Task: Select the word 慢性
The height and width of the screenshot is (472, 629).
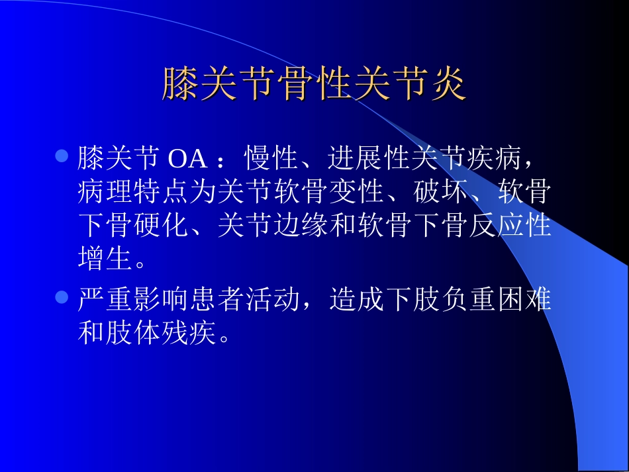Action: click(x=272, y=159)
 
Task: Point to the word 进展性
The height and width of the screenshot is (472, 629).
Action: click(x=369, y=159)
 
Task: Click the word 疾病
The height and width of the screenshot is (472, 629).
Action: click(x=495, y=159)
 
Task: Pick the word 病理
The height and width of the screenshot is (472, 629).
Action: click(x=105, y=192)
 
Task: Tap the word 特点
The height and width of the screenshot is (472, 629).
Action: click(x=161, y=192)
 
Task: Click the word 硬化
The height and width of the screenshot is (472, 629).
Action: click(x=161, y=225)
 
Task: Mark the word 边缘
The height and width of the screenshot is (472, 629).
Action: click(x=300, y=225)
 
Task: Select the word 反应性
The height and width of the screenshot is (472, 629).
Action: click(x=509, y=225)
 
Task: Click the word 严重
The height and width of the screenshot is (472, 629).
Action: click(x=105, y=300)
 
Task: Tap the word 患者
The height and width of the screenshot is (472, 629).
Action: click(x=217, y=300)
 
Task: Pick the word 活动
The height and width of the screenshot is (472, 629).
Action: click(x=272, y=300)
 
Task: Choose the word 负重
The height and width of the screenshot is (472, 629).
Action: click(x=467, y=300)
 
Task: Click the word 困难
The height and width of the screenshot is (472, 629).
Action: click(x=522, y=300)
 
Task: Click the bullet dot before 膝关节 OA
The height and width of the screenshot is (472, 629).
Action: click(x=62, y=158)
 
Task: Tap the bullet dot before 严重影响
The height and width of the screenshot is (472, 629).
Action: click(x=62, y=298)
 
